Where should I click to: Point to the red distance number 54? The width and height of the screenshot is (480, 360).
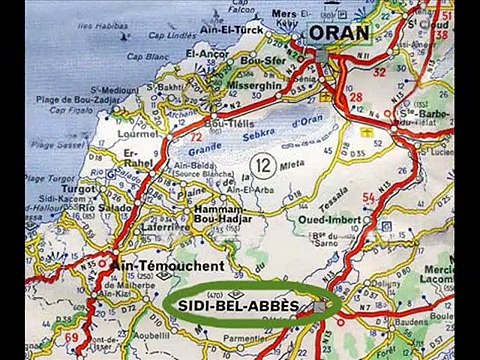tap(368, 199)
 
